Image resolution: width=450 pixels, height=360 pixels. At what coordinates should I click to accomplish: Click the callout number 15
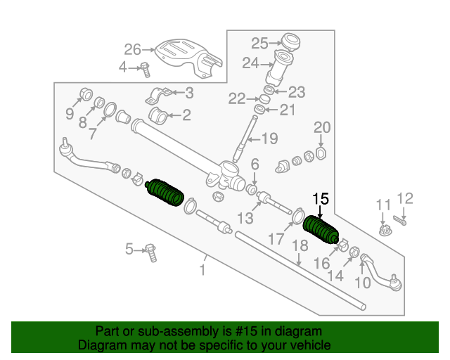click(x=321, y=198)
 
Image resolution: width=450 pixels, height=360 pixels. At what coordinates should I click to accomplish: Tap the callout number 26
click(x=133, y=49)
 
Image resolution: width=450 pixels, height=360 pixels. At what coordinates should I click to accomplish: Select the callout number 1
click(x=202, y=269)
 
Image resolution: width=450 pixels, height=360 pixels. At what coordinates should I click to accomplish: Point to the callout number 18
click(x=300, y=245)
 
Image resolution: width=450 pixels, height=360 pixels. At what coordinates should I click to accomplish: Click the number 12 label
click(x=406, y=198)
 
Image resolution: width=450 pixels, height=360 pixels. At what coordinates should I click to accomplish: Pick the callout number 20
click(x=321, y=127)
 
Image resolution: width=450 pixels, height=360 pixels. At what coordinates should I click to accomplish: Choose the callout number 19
click(x=271, y=139)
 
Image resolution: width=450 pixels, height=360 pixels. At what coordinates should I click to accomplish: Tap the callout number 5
click(x=129, y=248)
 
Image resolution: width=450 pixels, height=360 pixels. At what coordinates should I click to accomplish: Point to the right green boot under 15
click(x=321, y=230)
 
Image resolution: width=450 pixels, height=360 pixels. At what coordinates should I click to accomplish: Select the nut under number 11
click(x=384, y=231)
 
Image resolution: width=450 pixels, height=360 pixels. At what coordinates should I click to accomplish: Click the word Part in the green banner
click(x=108, y=331)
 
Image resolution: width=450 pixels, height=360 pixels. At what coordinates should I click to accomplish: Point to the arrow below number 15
click(x=321, y=213)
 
